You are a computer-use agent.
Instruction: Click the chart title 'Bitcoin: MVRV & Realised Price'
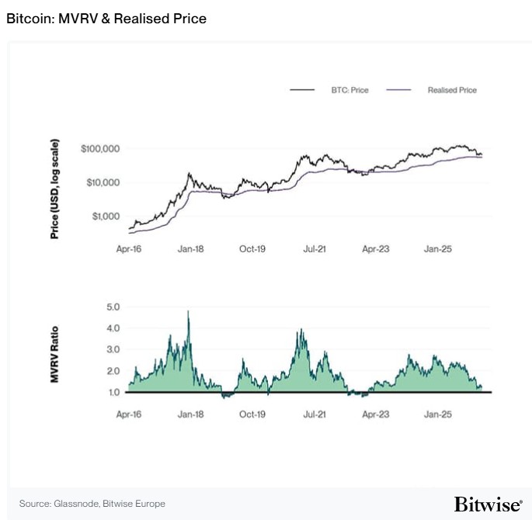[x=106, y=18]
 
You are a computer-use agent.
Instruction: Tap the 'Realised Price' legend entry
[x=452, y=90]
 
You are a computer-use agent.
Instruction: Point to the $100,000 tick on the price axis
[x=99, y=148]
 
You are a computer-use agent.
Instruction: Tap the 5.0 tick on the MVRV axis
[x=113, y=307]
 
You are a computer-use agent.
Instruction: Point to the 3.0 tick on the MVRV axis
[x=113, y=350]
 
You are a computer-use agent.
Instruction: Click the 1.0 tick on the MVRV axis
[x=113, y=393]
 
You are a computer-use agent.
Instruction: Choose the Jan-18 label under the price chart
[x=191, y=249]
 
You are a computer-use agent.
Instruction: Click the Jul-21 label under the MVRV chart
[x=315, y=414]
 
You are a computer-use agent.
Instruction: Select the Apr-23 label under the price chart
[x=376, y=249]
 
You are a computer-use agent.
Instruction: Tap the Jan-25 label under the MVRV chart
[x=437, y=414]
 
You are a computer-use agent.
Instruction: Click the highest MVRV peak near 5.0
[x=188, y=312]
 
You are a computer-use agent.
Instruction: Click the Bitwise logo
[x=488, y=504]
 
